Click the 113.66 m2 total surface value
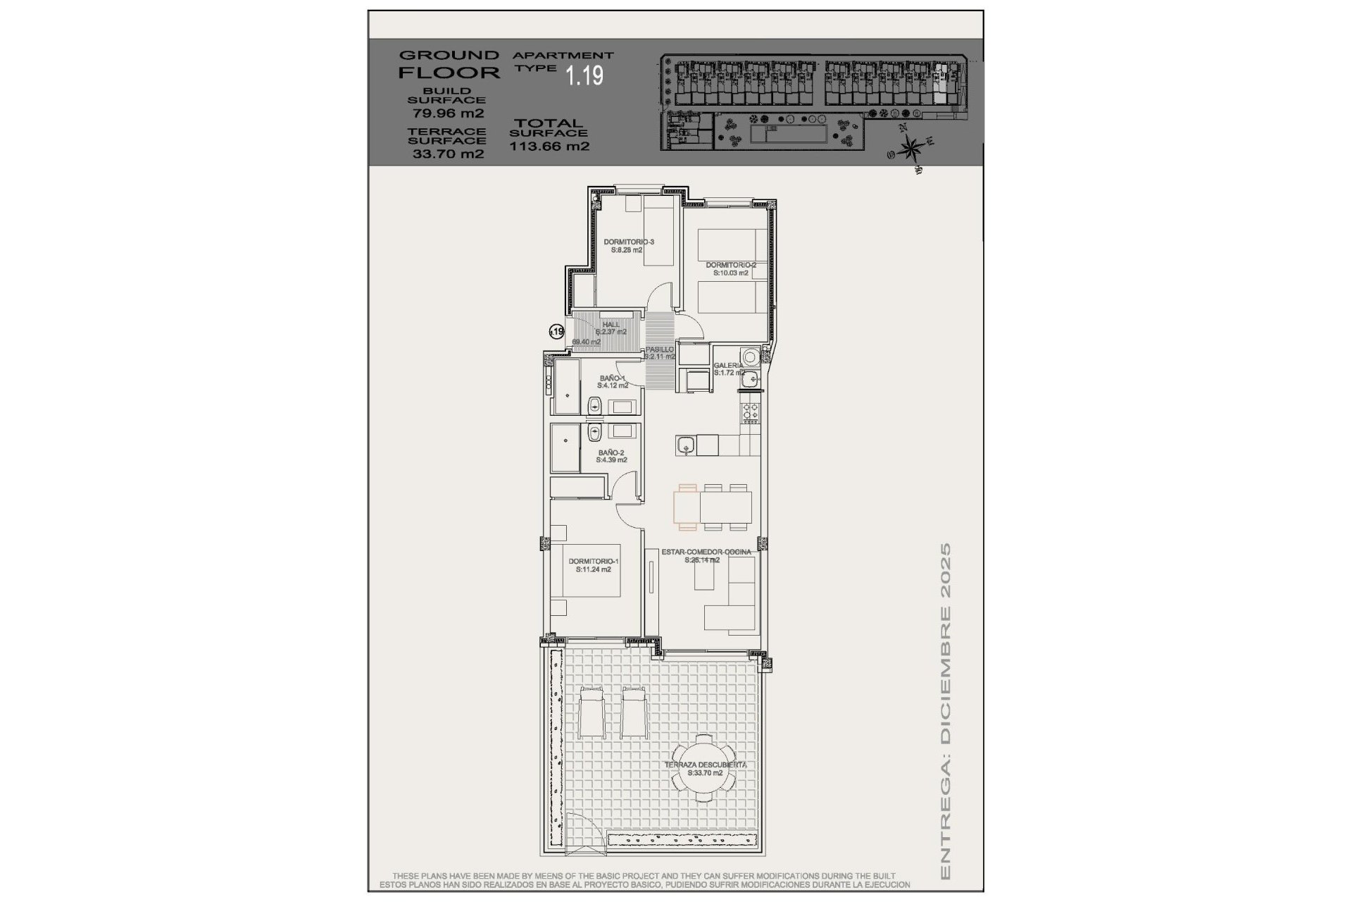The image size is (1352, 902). click(549, 147)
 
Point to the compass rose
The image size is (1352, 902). click(911, 148)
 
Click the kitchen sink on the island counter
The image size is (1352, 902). click(686, 445)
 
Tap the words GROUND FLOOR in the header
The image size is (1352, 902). click(449, 63)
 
